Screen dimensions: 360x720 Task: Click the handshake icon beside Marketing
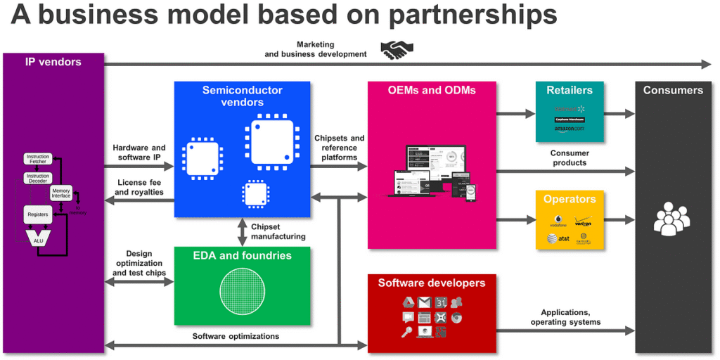[x=397, y=49]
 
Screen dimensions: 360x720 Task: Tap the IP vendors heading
[x=53, y=62]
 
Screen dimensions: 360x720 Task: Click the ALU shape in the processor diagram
[x=38, y=239]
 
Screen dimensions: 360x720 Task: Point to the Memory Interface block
[x=61, y=192]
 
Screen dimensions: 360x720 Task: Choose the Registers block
[x=38, y=213]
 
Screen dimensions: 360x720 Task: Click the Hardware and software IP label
[x=139, y=153]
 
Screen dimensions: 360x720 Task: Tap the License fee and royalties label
[x=139, y=187]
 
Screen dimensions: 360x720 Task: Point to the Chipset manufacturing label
[x=278, y=231]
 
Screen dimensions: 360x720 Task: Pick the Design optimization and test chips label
[x=139, y=263]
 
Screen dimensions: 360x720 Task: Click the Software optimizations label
[x=236, y=336]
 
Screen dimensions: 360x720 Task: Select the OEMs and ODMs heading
[x=431, y=90]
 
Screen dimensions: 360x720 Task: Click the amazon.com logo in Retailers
[x=569, y=129]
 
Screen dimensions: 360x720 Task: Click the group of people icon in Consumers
[x=672, y=219]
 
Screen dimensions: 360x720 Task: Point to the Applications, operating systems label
[x=570, y=317]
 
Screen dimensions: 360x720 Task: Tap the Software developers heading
[x=431, y=283]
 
